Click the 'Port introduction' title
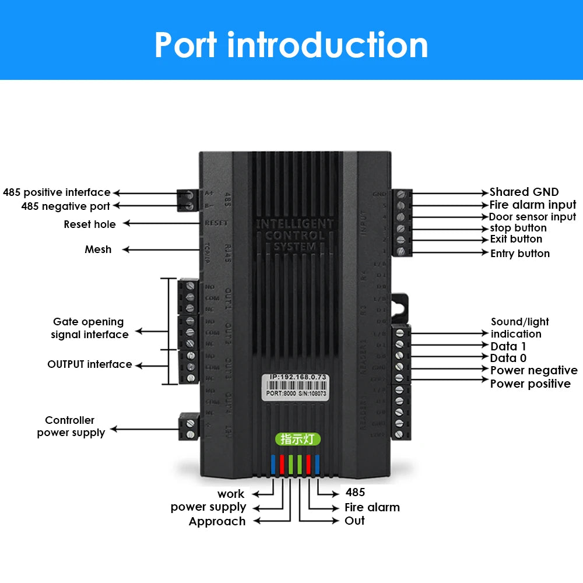tap(291, 45)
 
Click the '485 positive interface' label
tap(57, 192)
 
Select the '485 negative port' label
tap(65, 206)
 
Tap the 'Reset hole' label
tap(90, 224)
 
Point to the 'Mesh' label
tap(98, 250)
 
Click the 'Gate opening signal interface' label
tap(89, 328)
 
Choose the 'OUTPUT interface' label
tap(90, 364)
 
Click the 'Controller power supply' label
tap(71, 426)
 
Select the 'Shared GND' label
tap(524, 192)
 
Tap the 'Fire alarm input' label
tap(532, 205)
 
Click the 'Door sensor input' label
tap(532, 217)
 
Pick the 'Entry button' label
tap(519, 253)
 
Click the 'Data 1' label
tap(508, 346)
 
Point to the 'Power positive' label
tap(530, 384)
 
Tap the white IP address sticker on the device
tap(297, 385)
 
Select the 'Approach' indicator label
tap(217, 521)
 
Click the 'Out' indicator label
tap(354, 521)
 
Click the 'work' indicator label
tap(231, 494)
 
